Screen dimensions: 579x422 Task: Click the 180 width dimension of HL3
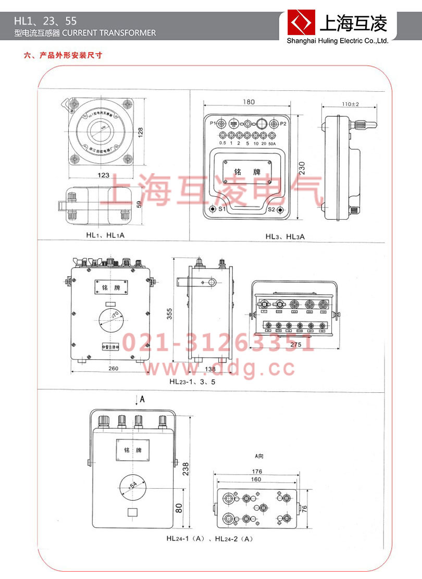(x=247, y=102)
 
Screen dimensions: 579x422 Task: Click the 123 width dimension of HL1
(x=103, y=175)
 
